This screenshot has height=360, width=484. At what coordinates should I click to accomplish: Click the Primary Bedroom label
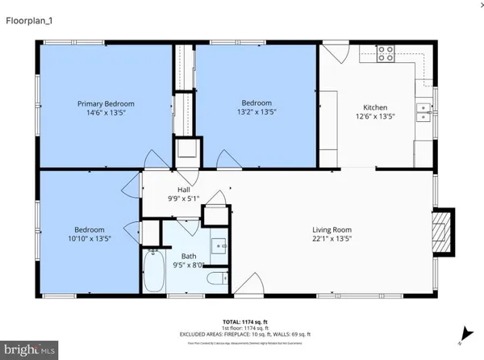(x=106, y=104)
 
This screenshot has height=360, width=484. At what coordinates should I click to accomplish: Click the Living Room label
(x=332, y=229)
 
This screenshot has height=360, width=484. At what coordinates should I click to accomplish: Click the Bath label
(x=189, y=257)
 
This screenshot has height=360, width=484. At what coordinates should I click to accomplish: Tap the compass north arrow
(x=465, y=331)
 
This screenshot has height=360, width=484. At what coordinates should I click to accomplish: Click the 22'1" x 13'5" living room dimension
(x=332, y=239)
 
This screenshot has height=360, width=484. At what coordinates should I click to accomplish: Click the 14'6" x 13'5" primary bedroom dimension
(x=106, y=114)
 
